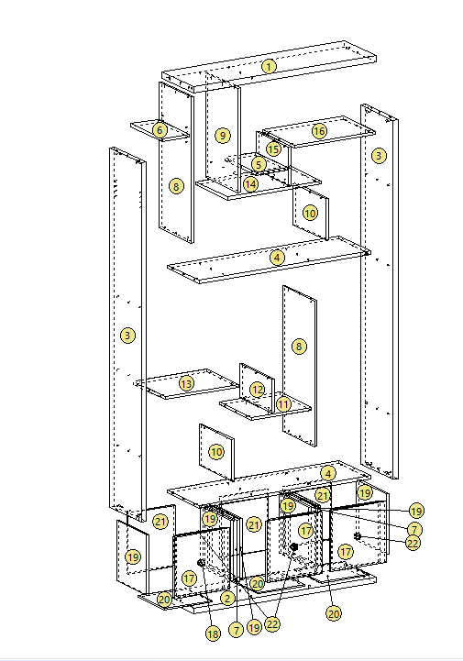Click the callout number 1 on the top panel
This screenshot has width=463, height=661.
pos(268,66)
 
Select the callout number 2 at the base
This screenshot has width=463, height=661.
pos(227,598)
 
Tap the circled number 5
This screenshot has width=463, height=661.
pos(259,164)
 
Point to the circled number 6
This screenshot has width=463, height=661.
pos(160,130)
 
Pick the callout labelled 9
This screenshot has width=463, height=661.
pos(222,135)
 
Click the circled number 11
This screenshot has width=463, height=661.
pos(282,403)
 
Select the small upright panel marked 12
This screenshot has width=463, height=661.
pos(257,389)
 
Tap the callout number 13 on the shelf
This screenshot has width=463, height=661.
pos(186,383)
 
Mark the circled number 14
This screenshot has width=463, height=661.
pos(250,184)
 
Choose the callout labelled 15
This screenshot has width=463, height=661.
pos(273,149)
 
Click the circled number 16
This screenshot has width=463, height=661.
pos(318,131)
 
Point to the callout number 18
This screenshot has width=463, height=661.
pos(214,633)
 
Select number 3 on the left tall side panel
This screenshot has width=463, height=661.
pos(127,336)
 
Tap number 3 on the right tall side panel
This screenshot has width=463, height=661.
pos(378,156)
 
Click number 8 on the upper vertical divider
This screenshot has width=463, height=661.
pos(176,186)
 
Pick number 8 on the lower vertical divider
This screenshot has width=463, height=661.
pos(298,347)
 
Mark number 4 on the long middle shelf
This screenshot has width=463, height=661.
pos(277,258)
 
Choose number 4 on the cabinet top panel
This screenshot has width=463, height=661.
pos(327,473)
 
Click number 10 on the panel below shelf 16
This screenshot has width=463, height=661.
pos(310,213)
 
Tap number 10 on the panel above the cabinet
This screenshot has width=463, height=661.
pos(215,452)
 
